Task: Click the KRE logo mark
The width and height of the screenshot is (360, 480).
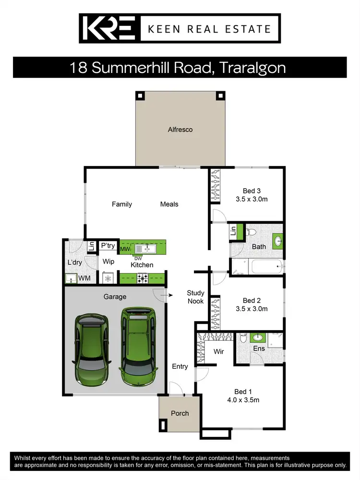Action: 109,28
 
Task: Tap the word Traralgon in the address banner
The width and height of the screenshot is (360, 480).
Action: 252,68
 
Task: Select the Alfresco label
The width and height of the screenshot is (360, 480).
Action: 180,130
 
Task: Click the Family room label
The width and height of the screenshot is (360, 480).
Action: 122,204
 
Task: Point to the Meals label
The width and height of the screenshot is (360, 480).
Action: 169,204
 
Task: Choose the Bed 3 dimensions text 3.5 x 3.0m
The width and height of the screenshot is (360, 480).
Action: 252,199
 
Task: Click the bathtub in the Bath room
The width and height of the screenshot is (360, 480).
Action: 256,265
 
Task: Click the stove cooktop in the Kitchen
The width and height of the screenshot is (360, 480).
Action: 143,277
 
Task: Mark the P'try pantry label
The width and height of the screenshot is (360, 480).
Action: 108,246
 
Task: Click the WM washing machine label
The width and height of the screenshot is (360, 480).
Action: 84,278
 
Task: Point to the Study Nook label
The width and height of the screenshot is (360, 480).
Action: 195,297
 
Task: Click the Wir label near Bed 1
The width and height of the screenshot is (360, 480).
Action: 219,352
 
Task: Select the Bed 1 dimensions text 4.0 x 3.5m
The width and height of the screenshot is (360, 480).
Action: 244,400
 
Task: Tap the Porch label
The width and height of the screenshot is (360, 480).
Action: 180,413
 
